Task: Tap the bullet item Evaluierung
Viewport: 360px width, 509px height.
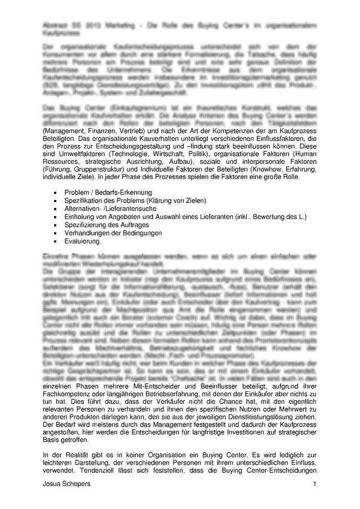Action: (x=79, y=241)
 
